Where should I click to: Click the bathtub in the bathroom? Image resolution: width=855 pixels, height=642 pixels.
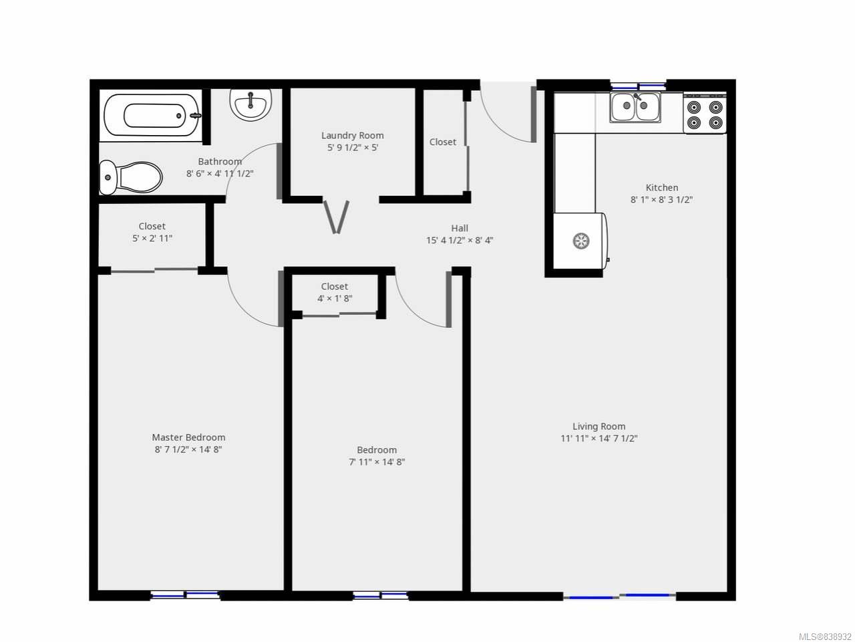[153, 116]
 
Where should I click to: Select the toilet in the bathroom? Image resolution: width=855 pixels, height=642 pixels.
[131, 178]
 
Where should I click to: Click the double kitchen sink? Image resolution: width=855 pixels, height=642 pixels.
[635, 107]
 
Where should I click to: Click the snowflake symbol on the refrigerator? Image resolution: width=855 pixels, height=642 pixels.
[580, 241]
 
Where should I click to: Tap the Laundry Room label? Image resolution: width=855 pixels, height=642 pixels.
[353, 135]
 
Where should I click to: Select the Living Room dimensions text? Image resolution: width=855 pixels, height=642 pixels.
[599, 439]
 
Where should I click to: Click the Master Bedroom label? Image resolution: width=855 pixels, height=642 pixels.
[188, 437]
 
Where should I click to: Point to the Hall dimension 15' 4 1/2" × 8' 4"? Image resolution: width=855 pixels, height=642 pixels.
[460, 240]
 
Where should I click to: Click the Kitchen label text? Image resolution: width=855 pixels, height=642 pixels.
[662, 187]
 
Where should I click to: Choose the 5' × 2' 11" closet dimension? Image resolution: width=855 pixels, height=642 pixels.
[152, 238]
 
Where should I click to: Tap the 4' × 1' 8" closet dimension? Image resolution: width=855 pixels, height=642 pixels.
[335, 298]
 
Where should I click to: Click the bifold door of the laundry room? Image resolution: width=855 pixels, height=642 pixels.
[337, 217]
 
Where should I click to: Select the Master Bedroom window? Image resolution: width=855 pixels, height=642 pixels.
[185, 595]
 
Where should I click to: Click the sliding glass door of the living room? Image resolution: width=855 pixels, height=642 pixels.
[620, 596]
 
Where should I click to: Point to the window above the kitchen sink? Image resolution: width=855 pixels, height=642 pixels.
[638, 86]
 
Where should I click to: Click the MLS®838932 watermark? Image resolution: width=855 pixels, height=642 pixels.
[825, 637]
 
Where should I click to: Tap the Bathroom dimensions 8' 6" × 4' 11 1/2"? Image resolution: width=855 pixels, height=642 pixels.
[220, 173]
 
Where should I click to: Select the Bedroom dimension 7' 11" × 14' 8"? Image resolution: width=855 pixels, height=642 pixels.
[377, 462]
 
